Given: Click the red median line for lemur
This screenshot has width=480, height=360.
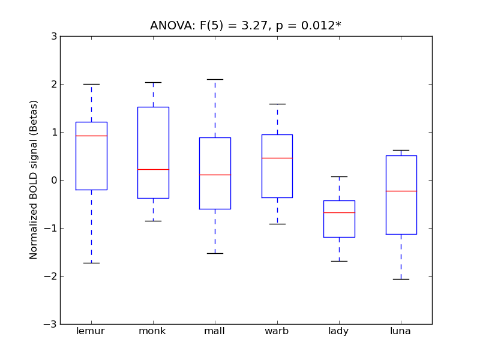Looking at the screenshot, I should pyautogui.click(x=91, y=136).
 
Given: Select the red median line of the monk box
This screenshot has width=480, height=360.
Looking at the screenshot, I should pyautogui.click(x=153, y=169).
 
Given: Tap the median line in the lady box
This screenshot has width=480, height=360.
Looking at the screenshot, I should pyautogui.click(x=339, y=212).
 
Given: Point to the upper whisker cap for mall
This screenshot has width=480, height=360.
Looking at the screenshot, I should pyautogui.click(x=215, y=79).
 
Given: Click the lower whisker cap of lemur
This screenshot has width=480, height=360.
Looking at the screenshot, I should pyautogui.click(x=91, y=263).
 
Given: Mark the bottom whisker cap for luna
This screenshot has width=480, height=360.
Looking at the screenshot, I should pyautogui.click(x=401, y=279).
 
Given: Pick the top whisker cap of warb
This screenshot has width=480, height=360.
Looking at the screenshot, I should pyautogui.click(x=277, y=104).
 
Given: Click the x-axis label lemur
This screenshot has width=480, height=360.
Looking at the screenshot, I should pyautogui.click(x=91, y=331).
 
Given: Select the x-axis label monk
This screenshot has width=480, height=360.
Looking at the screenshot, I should pyautogui.click(x=153, y=331).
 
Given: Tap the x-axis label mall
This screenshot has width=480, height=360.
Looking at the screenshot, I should pyautogui.click(x=215, y=331).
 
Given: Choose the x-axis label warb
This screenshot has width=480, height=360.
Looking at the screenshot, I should pyautogui.click(x=277, y=331).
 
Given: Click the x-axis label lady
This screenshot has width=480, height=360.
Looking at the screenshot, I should pyautogui.click(x=339, y=331).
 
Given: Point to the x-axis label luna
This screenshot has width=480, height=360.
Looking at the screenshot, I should pyautogui.click(x=401, y=331).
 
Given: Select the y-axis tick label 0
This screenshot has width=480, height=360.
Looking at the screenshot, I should pyautogui.click(x=55, y=180).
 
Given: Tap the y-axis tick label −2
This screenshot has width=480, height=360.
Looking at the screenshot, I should pyautogui.click(x=52, y=276).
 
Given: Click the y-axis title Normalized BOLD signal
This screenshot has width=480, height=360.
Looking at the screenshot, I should pyautogui.click(x=34, y=180).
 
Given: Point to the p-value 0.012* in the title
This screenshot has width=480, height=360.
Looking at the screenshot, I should pyautogui.click(x=311, y=26).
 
